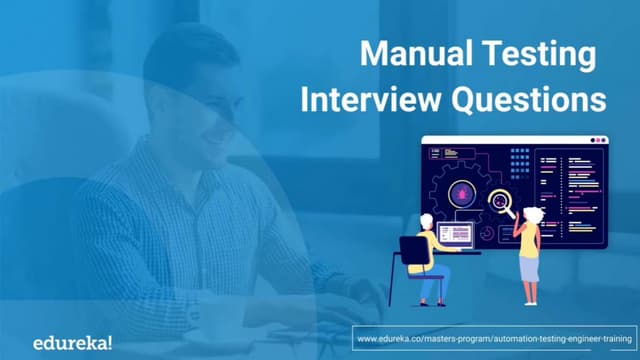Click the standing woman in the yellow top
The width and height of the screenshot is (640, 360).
(x=527, y=246)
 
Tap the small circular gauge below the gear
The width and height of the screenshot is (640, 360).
(x=485, y=232)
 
